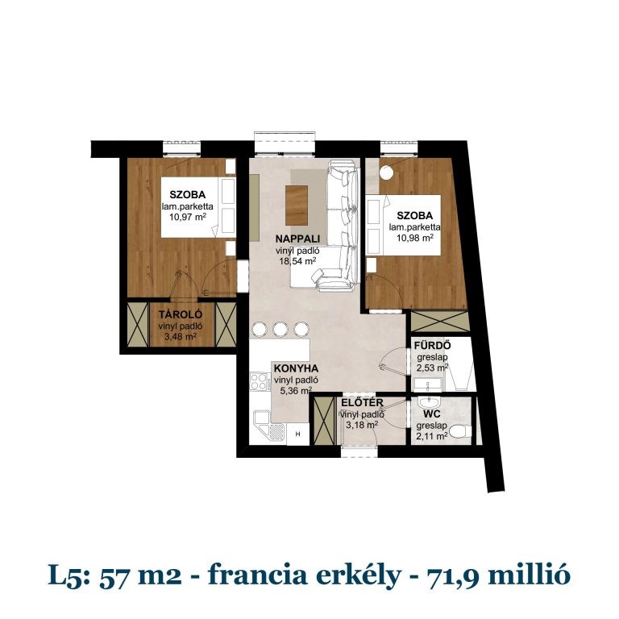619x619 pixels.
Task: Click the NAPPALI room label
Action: [x=298, y=239]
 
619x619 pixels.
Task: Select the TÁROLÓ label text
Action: [x=180, y=314]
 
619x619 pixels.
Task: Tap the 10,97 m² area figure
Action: [x=187, y=217]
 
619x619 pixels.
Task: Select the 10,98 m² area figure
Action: [x=412, y=239]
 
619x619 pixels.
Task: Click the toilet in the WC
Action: [x=460, y=431]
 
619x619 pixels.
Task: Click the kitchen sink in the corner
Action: [x=268, y=424]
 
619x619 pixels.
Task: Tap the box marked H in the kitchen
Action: [x=298, y=434]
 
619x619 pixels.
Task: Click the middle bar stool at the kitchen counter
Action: [x=280, y=329]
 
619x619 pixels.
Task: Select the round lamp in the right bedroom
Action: [x=388, y=172]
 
